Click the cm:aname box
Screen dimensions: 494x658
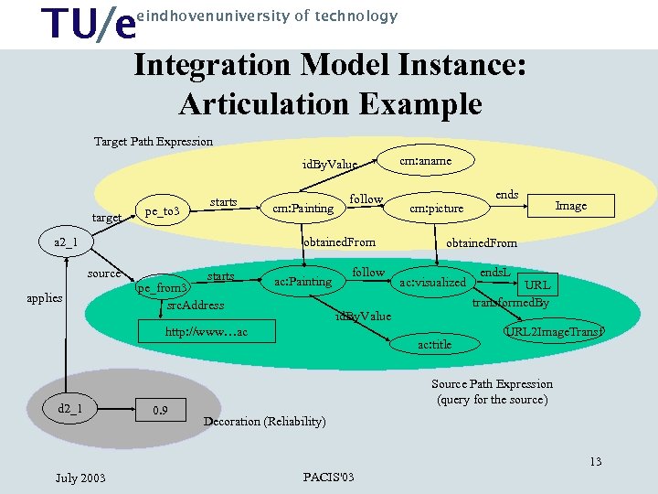(426, 160)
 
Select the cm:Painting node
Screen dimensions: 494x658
(302, 209)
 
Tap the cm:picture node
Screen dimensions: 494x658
(436, 209)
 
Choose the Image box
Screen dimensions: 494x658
(571, 206)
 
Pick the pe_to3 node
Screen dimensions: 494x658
(166, 212)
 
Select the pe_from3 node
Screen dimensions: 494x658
(162, 288)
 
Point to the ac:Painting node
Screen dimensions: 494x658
(302, 282)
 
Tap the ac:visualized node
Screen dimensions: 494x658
(432, 283)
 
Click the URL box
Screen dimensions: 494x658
(536, 285)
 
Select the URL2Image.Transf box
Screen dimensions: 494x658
(555, 331)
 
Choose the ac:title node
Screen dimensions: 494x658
(434, 345)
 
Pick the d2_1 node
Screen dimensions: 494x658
(69, 408)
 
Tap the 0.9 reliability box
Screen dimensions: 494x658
(161, 410)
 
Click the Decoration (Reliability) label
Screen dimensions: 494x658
(264, 422)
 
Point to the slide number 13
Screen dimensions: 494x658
(595, 461)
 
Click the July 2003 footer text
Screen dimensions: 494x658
(80, 478)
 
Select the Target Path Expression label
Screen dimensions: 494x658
(154, 142)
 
